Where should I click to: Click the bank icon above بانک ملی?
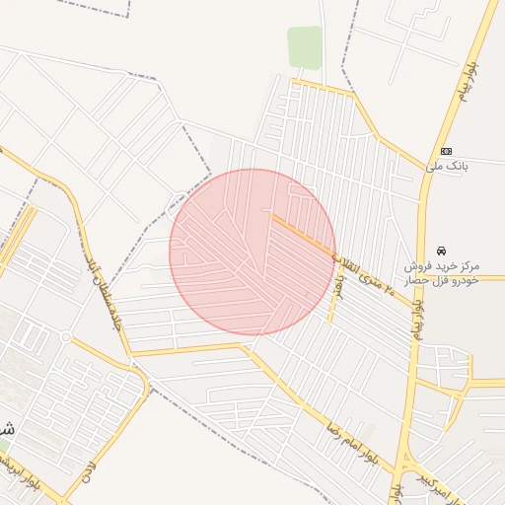pyautogui.click(x=447, y=151)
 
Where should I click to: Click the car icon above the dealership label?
pyautogui.click(x=441, y=251)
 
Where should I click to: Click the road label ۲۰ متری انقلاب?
pyautogui.click(x=362, y=273)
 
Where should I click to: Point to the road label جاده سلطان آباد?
pyautogui.click(x=103, y=296)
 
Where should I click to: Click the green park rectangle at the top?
pyautogui.click(x=305, y=46)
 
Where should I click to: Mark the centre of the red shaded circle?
pyautogui.click(x=252, y=252)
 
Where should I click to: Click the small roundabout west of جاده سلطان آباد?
pyautogui.click(x=66, y=337)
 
